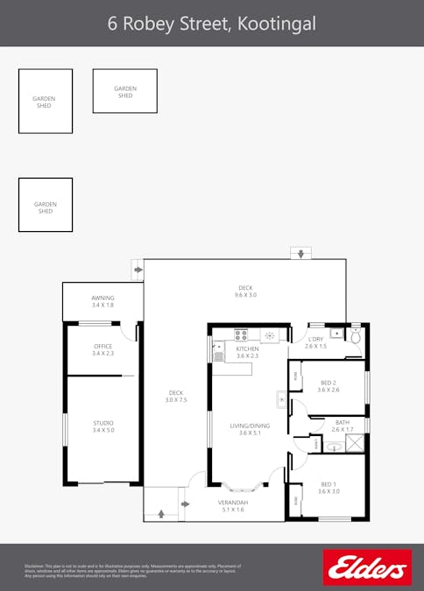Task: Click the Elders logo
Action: [x=367, y=566]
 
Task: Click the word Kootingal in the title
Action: [x=276, y=23]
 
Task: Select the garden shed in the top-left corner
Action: [x=45, y=102]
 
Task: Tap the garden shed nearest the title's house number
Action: [x=124, y=91]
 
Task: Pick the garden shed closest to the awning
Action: [x=45, y=205]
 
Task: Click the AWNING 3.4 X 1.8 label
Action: [x=102, y=301]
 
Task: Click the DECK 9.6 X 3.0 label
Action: [x=245, y=292]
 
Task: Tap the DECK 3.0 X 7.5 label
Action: [x=176, y=396]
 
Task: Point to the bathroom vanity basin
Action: [x=334, y=446]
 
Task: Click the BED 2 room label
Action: [x=329, y=386]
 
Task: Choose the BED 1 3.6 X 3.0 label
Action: [x=329, y=489]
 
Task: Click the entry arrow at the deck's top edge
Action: [x=300, y=254]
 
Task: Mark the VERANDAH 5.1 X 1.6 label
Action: [x=233, y=505]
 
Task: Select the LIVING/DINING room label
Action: [x=250, y=429]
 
